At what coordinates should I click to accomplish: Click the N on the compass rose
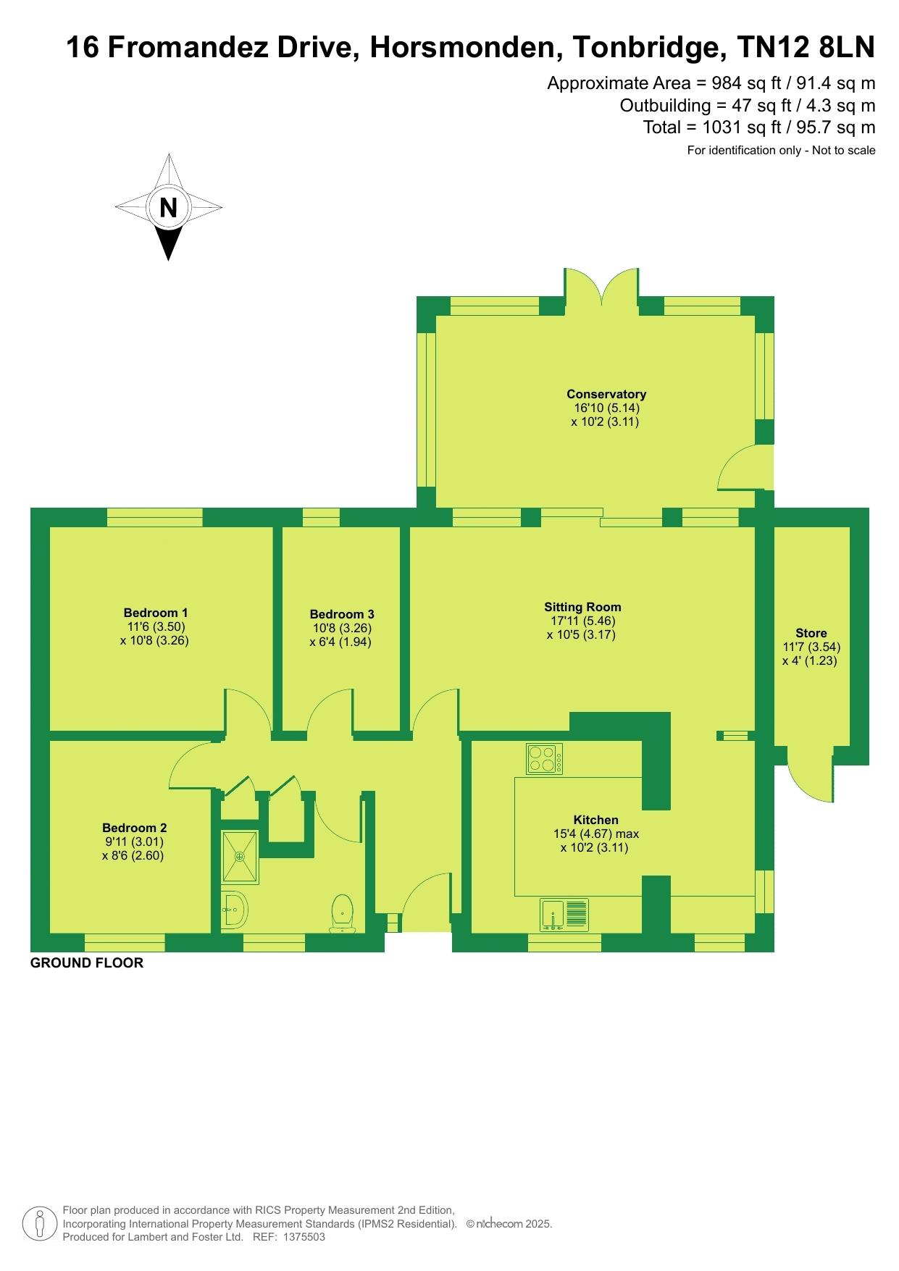[168, 208]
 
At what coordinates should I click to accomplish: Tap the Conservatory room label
[606, 394]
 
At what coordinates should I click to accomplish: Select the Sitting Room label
[583, 607]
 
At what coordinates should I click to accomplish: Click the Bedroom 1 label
[156, 613]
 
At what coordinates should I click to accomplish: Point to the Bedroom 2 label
[135, 828]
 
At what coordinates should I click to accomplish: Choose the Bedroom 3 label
[342, 615]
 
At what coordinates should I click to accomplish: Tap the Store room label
[811, 633]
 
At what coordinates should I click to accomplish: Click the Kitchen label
[596, 820]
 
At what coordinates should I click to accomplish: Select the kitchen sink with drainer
[564, 915]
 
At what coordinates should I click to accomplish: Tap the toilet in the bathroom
[342, 913]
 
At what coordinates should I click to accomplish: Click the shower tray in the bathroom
[239, 857]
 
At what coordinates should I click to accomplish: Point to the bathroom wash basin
[233, 909]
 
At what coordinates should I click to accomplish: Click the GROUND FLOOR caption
[87, 962]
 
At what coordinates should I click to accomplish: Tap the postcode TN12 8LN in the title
[806, 48]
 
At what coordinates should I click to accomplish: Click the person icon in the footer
[41, 1224]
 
